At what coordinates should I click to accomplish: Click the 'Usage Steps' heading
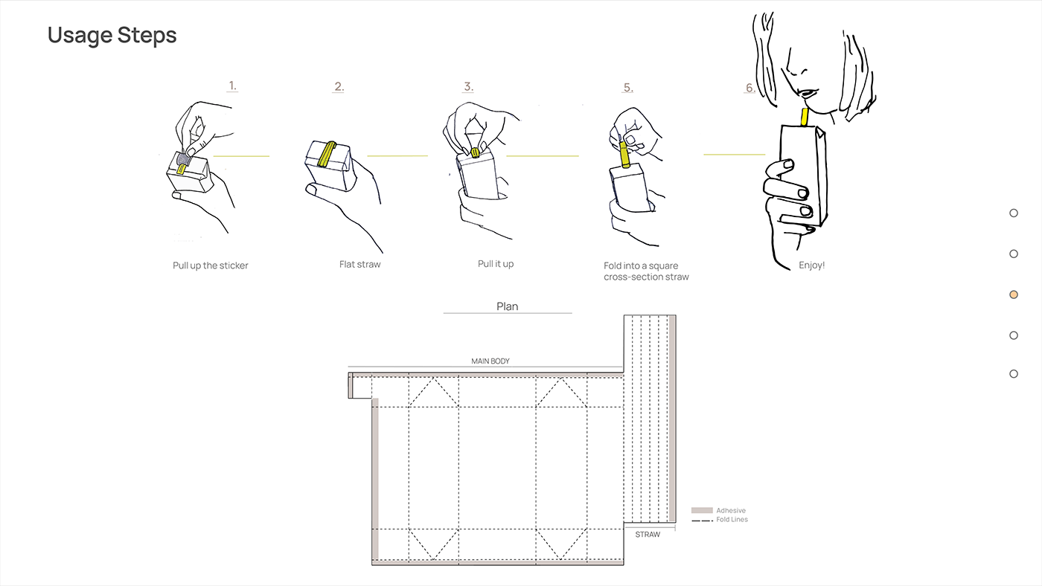click(x=112, y=36)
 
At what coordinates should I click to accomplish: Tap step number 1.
click(x=232, y=86)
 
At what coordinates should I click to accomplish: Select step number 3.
click(x=468, y=86)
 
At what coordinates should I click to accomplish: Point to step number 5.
click(x=628, y=87)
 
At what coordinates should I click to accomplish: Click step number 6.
click(x=750, y=87)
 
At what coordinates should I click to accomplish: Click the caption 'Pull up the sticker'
click(x=210, y=265)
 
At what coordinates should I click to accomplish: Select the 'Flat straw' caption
click(x=359, y=264)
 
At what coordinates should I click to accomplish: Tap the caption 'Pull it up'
click(x=496, y=264)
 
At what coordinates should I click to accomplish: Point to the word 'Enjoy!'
click(x=812, y=265)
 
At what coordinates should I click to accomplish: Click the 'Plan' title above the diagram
click(x=507, y=306)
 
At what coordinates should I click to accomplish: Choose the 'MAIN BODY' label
click(x=490, y=361)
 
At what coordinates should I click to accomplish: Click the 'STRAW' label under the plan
click(x=648, y=535)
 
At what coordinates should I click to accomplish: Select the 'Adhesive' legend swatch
click(x=702, y=510)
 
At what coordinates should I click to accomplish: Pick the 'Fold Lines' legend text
click(x=732, y=520)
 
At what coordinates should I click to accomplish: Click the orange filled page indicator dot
click(x=1014, y=294)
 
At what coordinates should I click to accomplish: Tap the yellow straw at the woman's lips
click(x=805, y=117)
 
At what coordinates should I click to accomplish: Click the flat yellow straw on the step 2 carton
click(x=327, y=154)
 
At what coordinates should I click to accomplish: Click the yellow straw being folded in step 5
click(x=624, y=154)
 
